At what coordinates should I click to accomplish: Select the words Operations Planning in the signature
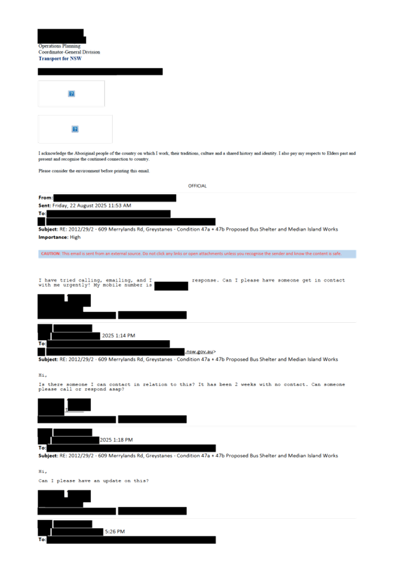60,46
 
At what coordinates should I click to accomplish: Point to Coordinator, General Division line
69,52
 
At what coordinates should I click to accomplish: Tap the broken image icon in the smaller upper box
72,94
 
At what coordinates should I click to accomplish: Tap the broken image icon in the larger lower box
75,129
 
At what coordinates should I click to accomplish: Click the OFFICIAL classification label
197,186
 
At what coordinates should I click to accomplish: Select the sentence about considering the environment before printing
94,171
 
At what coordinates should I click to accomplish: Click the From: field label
45,198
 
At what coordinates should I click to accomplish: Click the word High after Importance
75,237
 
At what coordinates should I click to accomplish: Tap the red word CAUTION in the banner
50,254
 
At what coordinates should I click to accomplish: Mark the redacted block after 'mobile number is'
171,286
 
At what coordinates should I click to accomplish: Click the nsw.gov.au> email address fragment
201,352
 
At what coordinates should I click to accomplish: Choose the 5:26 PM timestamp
115,532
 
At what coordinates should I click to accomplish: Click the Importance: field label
53,237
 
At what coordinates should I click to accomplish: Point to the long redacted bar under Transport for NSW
100,72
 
